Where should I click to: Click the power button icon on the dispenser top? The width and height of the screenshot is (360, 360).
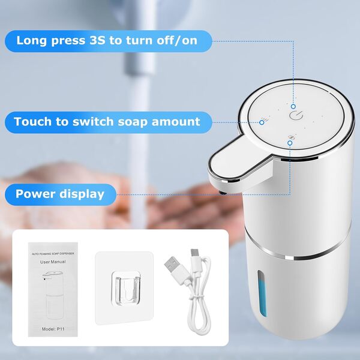coord(294,115)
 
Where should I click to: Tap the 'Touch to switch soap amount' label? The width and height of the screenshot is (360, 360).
coord(107,122)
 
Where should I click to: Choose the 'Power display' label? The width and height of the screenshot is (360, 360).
coord(60,194)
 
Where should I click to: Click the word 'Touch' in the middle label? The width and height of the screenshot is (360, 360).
coord(32,122)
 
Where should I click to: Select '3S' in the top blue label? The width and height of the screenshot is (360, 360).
coord(97,41)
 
